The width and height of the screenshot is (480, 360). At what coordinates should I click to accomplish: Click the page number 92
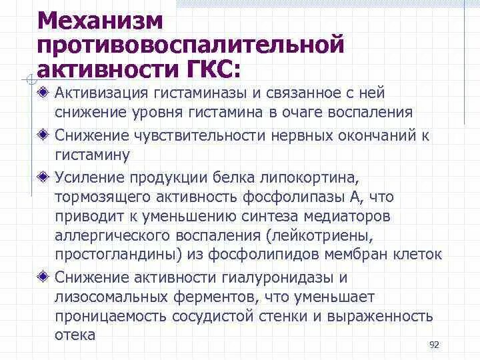pos(434,344)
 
